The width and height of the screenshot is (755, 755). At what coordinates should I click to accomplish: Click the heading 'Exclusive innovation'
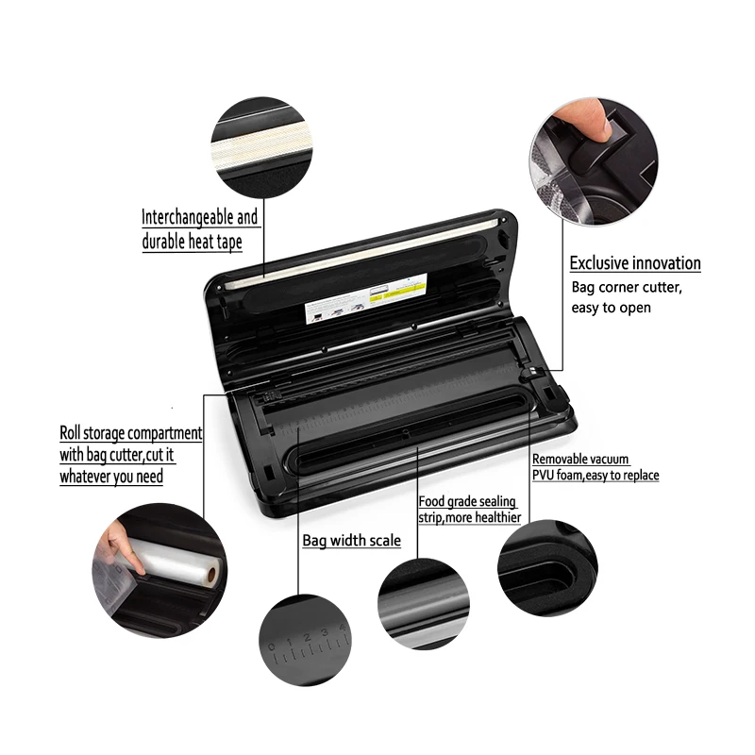[634, 263]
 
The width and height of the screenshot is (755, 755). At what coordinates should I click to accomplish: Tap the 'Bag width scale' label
[351, 541]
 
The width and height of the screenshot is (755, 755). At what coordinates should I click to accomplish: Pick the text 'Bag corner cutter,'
[624, 286]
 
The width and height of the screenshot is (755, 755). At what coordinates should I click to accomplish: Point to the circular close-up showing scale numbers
[303, 643]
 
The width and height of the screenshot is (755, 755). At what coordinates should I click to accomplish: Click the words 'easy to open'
[611, 308]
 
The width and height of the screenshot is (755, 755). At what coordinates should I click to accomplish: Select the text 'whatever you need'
[110, 477]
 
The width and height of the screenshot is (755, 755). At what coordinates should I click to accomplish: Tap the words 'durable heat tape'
[192, 242]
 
